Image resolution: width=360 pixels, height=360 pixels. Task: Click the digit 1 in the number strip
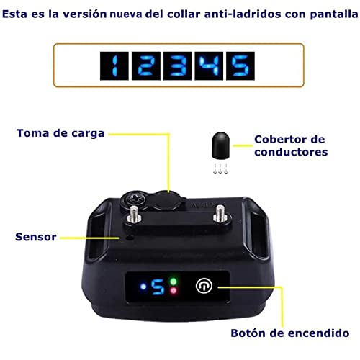coord(114,66)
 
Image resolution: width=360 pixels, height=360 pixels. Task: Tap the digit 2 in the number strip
coord(146,66)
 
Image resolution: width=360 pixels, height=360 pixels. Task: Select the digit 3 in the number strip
coord(178,66)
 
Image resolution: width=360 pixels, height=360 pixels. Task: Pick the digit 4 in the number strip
coord(209,66)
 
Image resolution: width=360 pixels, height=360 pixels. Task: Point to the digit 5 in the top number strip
coord(240,66)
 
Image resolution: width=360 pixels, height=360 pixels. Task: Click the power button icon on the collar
coord(204,286)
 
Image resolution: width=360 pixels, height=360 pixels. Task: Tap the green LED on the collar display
coord(174,282)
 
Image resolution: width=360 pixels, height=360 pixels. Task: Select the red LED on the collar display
coord(174,291)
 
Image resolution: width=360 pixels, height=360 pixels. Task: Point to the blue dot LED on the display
coord(143,287)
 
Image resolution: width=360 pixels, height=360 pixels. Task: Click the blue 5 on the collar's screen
coord(158,287)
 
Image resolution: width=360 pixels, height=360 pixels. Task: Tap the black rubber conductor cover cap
coord(220,145)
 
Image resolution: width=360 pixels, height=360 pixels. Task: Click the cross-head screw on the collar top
coord(134,199)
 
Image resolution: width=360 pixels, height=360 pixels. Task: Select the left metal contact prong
coord(134,214)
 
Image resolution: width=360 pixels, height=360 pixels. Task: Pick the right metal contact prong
coord(220,212)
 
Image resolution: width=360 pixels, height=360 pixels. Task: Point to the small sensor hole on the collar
coord(130,238)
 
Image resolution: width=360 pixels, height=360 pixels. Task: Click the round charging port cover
coord(166,200)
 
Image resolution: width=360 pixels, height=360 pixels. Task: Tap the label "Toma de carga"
coord(60,133)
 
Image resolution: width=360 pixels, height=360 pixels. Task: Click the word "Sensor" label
coord(36,237)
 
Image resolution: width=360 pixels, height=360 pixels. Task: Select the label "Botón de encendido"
coord(290,333)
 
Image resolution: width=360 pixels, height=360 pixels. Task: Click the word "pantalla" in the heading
coord(334,14)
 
